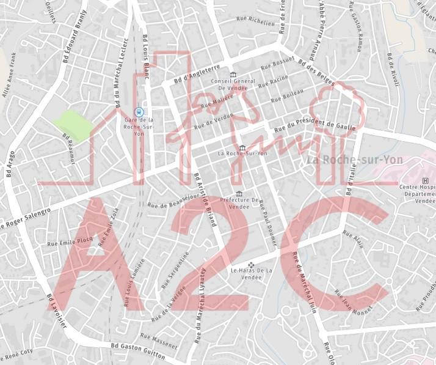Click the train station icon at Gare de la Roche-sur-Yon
pos(140,112)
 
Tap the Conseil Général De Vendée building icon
pos(232,75)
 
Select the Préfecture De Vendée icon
pos(239,194)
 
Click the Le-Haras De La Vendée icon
pos(251,265)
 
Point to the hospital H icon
pos(426,180)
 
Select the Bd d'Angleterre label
pos(197,75)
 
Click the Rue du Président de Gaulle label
pos(314,122)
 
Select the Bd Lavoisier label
pos(58,312)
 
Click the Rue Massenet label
pos(158,341)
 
